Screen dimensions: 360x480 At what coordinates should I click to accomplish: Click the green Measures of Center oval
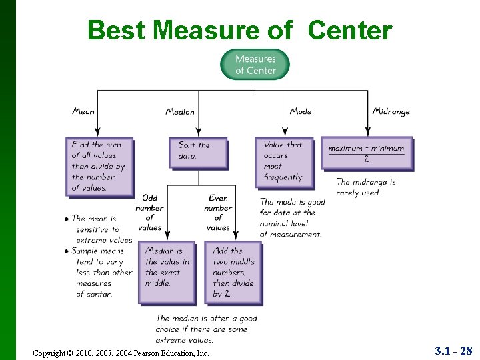(255, 65)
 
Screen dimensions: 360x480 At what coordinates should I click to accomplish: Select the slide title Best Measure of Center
(240, 30)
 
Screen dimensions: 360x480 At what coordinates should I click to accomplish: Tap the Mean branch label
(83, 111)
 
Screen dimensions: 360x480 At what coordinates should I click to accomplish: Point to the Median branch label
(180, 111)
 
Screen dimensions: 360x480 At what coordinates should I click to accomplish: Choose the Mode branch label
(301, 111)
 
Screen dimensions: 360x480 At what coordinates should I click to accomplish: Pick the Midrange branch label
(391, 111)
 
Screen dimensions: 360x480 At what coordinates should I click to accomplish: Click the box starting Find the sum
(99, 166)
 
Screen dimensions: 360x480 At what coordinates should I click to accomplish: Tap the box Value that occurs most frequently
(284, 161)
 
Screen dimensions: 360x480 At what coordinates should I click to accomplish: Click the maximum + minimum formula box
(366, 153)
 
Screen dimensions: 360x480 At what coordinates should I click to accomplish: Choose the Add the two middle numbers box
(234, 272)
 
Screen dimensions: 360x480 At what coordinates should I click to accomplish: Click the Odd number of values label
(149, 213)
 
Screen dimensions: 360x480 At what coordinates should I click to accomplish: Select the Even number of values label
(218, 213)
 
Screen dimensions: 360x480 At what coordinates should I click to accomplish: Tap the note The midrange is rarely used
(366, 187)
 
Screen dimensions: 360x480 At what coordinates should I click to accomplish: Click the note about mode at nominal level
(292, 218)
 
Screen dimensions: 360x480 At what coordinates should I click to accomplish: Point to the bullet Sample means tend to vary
(100, 272)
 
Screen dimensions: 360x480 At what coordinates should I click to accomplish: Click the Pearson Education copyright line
(121, 353)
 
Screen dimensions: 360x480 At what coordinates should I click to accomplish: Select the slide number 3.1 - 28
(453, 351)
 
